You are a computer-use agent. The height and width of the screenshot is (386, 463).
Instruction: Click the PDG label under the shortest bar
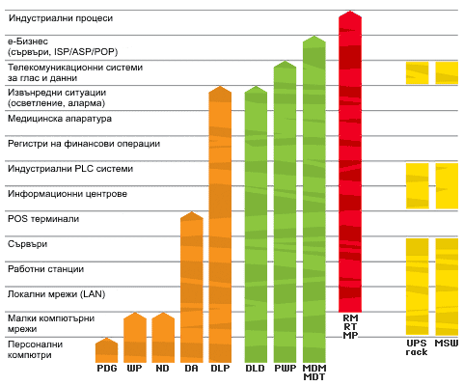coord(107,369)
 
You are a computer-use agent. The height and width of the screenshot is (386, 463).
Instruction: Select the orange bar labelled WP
coord(135,338)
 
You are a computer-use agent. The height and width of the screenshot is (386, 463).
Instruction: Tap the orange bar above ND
coord(163,338)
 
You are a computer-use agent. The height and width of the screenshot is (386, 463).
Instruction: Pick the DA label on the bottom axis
coord(191,369)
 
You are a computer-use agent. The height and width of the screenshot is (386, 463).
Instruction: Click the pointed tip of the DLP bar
coord(220,86)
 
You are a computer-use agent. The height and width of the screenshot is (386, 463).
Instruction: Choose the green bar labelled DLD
coord(256,224)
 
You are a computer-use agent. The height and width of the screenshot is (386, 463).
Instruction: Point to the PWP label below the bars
coord(286,369)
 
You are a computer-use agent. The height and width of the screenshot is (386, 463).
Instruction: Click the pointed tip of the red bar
coord(350,11)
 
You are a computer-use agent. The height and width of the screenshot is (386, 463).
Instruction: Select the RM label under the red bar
coord(350,317)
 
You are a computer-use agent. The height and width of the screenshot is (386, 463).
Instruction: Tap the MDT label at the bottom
coord(314,376)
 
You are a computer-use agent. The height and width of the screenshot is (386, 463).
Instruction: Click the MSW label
coord(447,344)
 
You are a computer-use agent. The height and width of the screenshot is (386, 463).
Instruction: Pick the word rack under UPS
coord(417,352)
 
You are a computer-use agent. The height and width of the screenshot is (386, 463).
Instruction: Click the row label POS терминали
coord(43,219)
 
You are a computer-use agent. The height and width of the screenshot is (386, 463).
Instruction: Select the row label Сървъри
coord(28,244)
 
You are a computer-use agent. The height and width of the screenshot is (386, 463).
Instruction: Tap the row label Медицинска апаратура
coord(60,119)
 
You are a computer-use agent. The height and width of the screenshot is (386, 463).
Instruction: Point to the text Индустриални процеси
coord(61,18)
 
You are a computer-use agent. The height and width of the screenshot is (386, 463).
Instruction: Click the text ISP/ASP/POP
coord(86,52)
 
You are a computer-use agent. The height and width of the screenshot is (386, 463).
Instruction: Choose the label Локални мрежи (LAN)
coord(57,294)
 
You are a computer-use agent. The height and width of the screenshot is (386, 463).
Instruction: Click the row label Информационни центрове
coord(68,194)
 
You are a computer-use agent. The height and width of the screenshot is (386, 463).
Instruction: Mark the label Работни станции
coord(46,269)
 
